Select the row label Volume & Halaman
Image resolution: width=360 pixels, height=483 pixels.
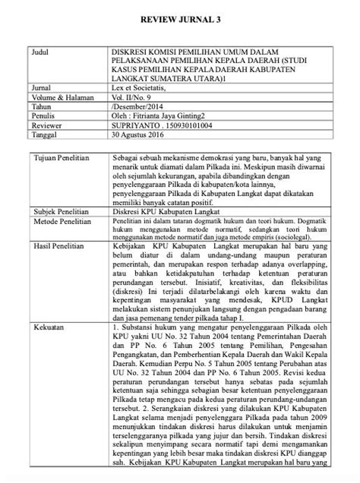[58, 97]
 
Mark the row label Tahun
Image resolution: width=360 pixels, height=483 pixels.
[39, 106]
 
